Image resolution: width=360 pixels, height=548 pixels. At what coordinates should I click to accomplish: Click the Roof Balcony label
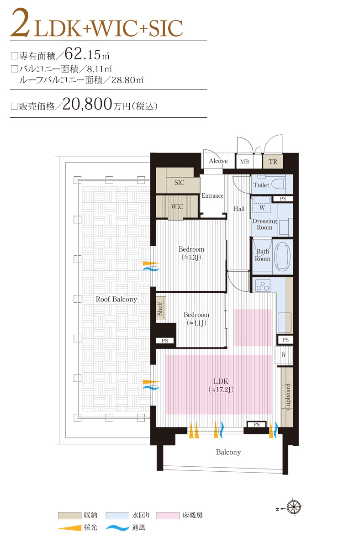(116, 299)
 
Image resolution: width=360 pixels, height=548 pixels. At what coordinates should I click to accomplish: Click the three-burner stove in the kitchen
(264, 286)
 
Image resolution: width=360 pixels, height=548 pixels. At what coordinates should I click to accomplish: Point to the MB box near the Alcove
(244, 162)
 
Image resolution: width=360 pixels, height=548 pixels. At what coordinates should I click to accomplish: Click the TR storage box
(273, 162)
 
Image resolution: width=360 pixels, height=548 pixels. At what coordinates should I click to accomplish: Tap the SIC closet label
(179, 182)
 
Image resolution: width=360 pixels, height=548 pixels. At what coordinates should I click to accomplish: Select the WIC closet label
(177, 206)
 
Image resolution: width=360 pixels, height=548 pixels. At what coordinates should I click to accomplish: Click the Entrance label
(212, 195)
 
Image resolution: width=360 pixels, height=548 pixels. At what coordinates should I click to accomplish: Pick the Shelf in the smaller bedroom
(160, 308)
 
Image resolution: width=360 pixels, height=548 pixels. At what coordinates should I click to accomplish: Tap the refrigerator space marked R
(283, 355)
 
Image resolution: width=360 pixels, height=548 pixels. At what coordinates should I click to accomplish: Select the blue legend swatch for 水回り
(117, 516)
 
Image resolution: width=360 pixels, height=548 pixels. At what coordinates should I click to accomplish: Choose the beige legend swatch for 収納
(69, 516)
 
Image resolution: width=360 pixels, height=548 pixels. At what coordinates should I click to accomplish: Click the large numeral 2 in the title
(21, 25)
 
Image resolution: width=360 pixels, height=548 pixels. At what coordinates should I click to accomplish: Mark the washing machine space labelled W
(261, 207)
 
